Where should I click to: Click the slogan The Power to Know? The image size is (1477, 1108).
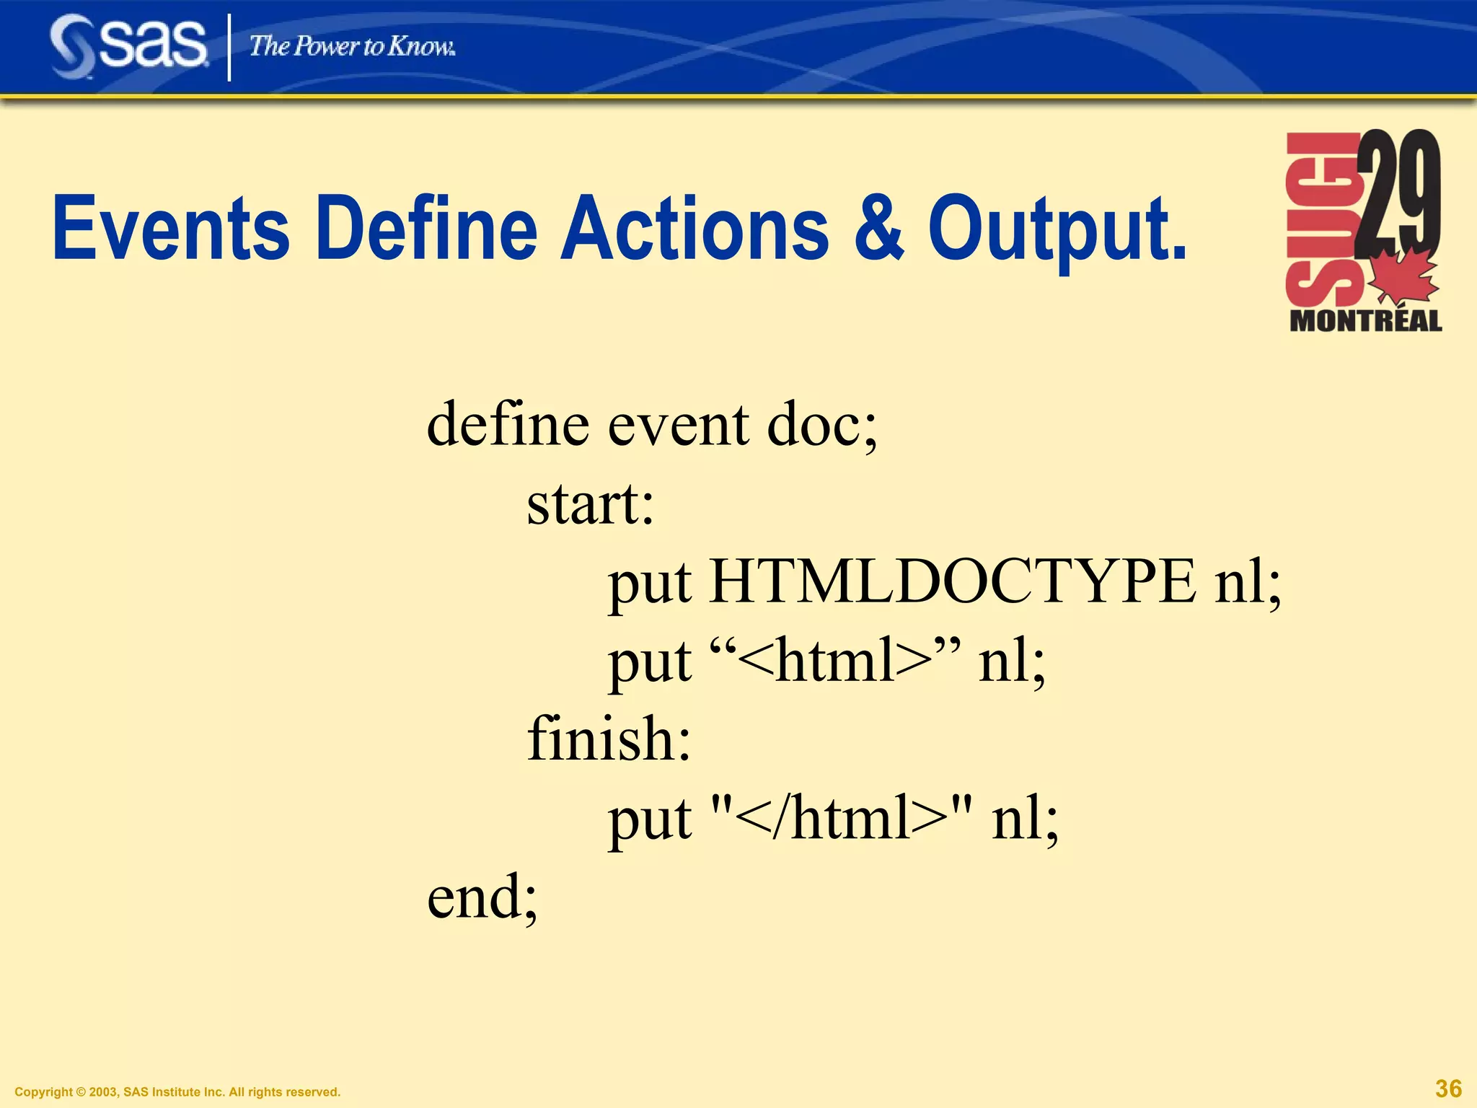[x=352, y=46]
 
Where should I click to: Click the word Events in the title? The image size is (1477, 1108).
[x=171, y=229]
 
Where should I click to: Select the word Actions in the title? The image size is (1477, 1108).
[x=695, y=229]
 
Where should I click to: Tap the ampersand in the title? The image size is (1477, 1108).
[x=878, y=229]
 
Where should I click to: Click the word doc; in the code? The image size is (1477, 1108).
[x=822, y=424]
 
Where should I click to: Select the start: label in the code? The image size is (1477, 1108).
[x=590, y=504]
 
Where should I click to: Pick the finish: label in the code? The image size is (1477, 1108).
[x=609, y=739]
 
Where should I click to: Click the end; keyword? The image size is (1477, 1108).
[x=482, y=897]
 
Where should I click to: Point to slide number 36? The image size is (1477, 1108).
[x=1448, y=1089]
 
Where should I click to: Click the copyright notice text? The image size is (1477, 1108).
[x=177, y=1092]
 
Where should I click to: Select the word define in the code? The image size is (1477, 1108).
[x=508, y=424]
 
